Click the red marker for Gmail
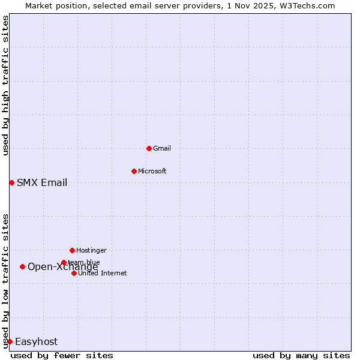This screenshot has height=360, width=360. pyautogui.click(x=149, y=148)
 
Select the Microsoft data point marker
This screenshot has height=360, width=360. pyautogui.click(x=134, y=171)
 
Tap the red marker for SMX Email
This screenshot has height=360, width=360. pyautogui.click(x=11, y=182)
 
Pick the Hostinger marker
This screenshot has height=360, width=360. pyautogui.click(x=72, y=250)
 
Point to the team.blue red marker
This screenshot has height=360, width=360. pyautogui.click(x=64, y=262)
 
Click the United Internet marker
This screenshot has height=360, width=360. pyautogui.click(x=74, y=273)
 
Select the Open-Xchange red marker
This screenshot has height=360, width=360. pyautogui.click(x=22, y=266)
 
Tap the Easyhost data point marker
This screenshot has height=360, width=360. pyautogui.click(x=10, y=341)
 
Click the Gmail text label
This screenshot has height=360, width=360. pyautogui.click(x=162, y=148)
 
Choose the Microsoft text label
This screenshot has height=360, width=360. pyautogui.click(x=152, y=171)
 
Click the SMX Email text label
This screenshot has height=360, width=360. pyautogui.click(x=42, y=182)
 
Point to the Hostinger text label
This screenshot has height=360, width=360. pyautogui.click(x=91, y=250)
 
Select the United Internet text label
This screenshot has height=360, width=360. pyautogui.click(x=103, y=273)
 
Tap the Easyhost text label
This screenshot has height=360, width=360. pyautogui.click(x=36, y=341)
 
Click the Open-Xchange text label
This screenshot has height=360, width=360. pyautogui.click(x=63, y=267)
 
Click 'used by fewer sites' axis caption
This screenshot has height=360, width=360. pyautogui.click(x=62, y=355)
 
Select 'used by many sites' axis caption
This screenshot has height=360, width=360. pyautogui.click(x=301, y=355)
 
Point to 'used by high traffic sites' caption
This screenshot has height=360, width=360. pyautogui.click(x=5, y=85)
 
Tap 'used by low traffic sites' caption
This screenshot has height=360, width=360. pyautogui.click(x=5, y=281)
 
